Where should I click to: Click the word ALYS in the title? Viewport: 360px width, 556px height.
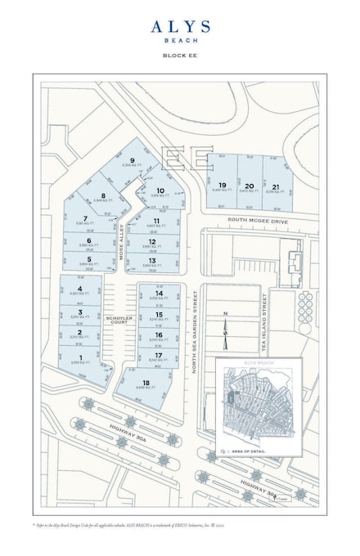click(180, 27)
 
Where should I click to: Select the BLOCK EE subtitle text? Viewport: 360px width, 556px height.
click(180, 55)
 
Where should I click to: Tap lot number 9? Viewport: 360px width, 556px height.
click(131, 160)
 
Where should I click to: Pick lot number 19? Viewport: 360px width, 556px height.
click(222, 186)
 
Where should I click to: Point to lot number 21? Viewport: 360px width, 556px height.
click(276, 186)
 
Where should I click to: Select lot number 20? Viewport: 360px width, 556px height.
click(249, 186)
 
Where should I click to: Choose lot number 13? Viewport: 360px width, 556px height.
click(153, 260)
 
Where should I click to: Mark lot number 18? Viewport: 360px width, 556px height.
click(146, 382)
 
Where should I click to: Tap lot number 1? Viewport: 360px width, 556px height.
click(80, 357)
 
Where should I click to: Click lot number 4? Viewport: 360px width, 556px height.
click(80, 289)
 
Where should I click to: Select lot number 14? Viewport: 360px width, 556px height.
click(159, 293)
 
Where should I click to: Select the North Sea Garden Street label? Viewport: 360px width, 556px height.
click(195, 334)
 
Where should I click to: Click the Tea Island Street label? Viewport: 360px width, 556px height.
click(265, 325)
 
